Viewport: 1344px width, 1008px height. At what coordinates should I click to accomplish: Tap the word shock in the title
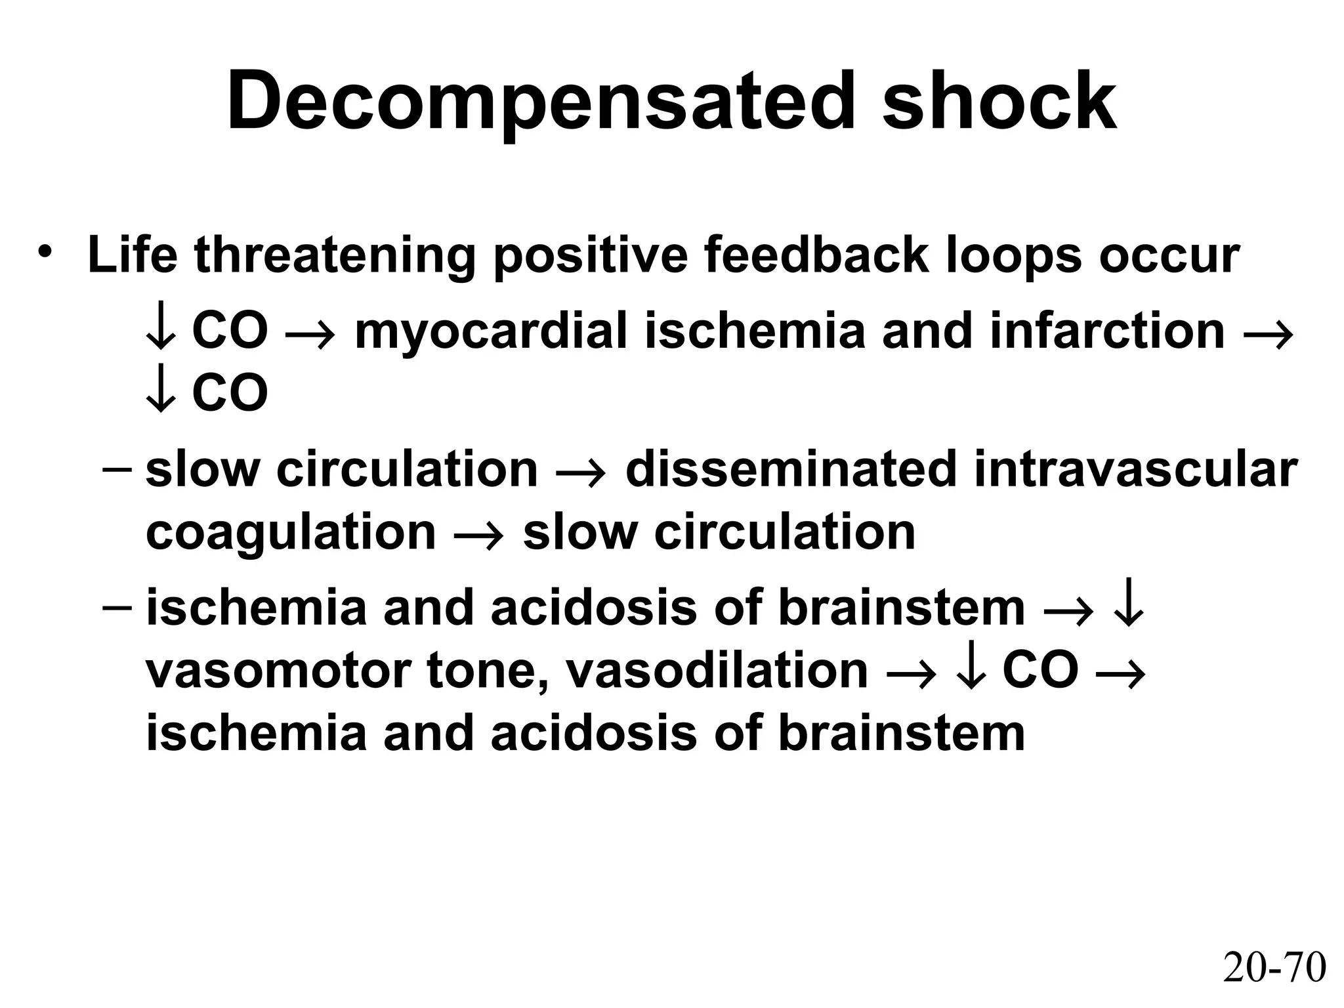[x=999, y=102]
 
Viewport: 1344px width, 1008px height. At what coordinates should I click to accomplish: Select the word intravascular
[x=1136, y=470]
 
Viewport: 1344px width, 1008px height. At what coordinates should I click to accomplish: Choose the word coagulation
[x=291, y=532]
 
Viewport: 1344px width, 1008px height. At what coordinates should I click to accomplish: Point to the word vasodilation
[x=717, y=671]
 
